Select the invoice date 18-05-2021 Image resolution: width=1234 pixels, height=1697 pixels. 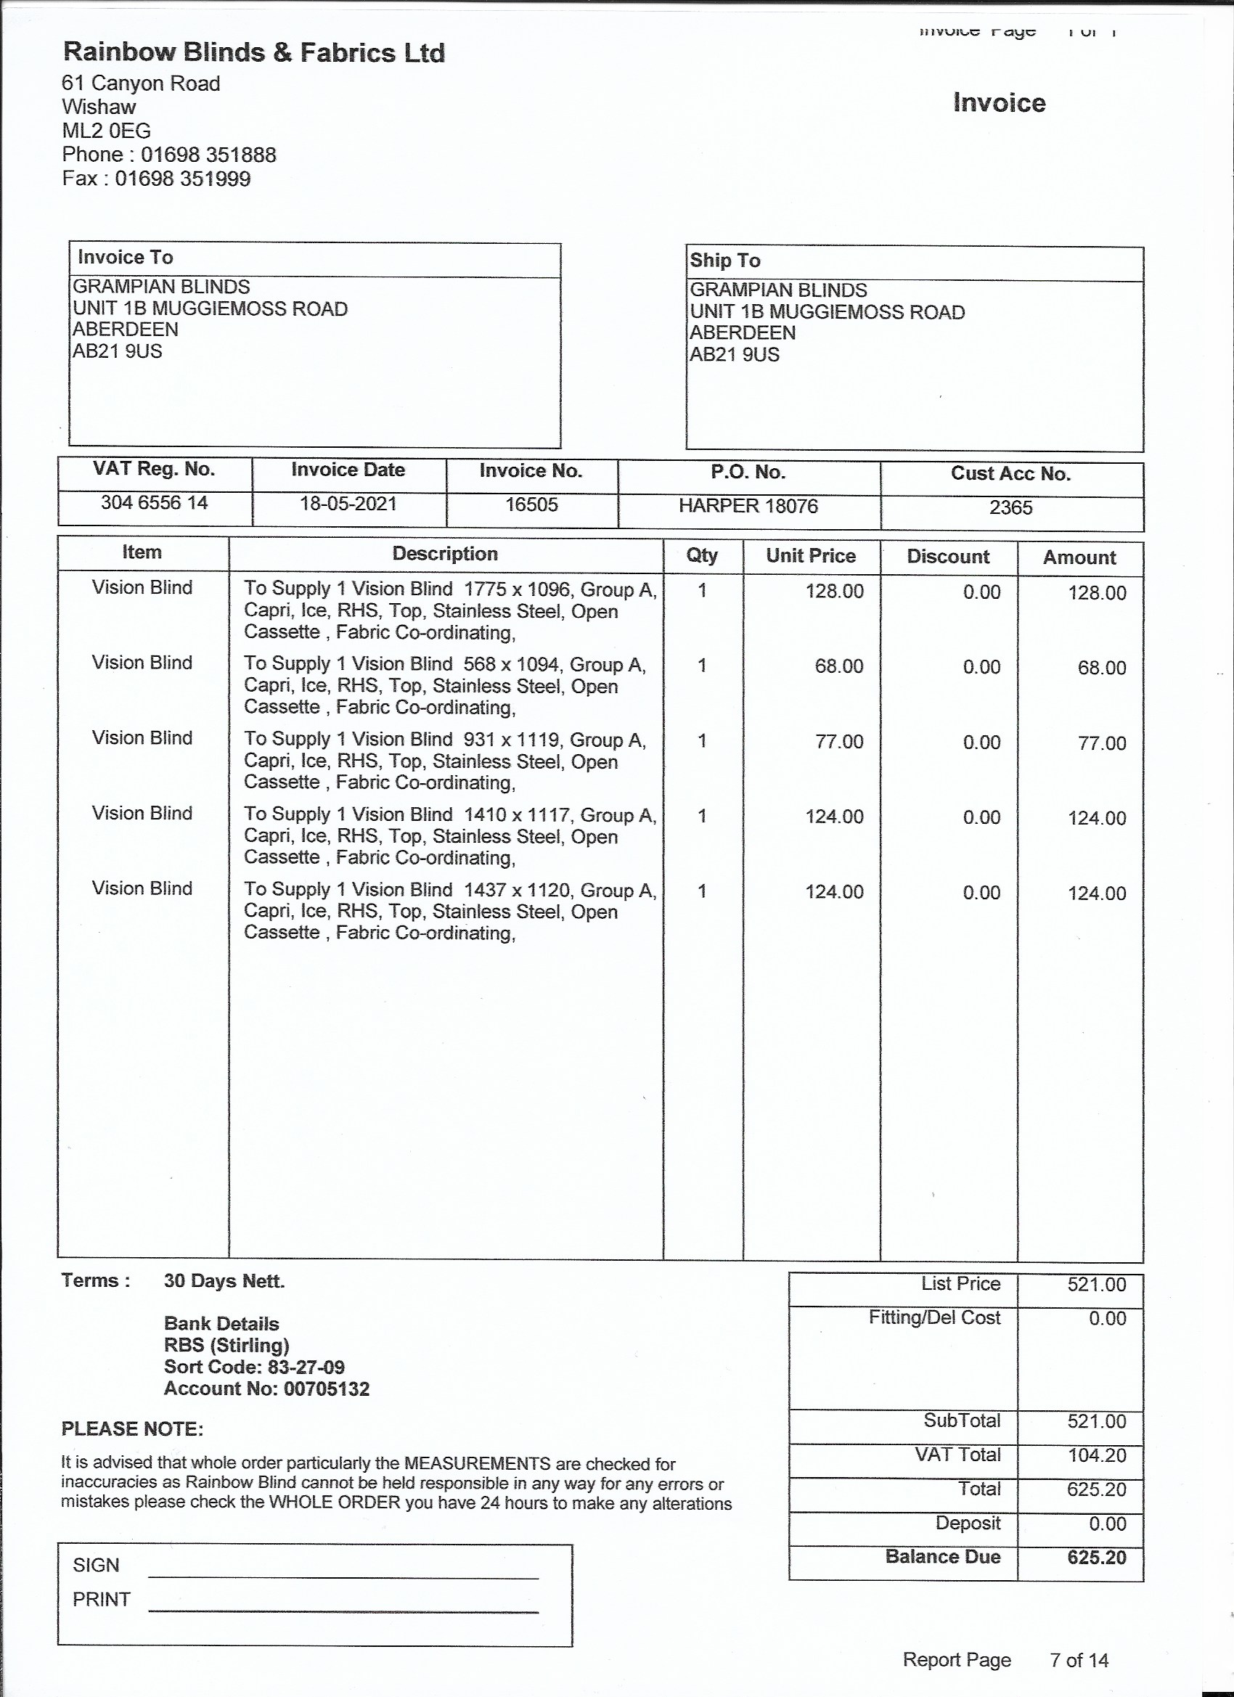pos(348,504)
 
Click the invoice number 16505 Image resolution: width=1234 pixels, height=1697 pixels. pos(531,505)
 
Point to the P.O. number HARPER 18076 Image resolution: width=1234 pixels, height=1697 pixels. pos(748,507)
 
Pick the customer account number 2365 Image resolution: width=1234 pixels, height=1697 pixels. pos(1010,508)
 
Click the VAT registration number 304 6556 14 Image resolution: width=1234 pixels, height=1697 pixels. pos(154,503)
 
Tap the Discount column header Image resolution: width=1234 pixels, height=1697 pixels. pos(947,557)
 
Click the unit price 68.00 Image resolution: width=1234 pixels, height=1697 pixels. pos(839,666)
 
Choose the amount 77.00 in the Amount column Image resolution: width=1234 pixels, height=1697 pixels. pos(1102,744)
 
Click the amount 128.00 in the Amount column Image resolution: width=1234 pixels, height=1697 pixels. pos(1096,593)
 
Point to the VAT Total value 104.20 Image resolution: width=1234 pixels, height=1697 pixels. pos(1096,1455)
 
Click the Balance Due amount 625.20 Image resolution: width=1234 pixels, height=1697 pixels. pos(1096,1558)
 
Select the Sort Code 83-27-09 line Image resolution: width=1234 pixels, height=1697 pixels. pos(255,1367)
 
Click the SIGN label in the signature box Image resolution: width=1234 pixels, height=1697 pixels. pos(96,1566)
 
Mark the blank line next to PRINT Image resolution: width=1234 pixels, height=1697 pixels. pos(343,1610)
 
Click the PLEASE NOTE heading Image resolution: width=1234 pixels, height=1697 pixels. pos(132,1430)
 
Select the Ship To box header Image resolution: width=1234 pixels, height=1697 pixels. pos(724,261)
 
